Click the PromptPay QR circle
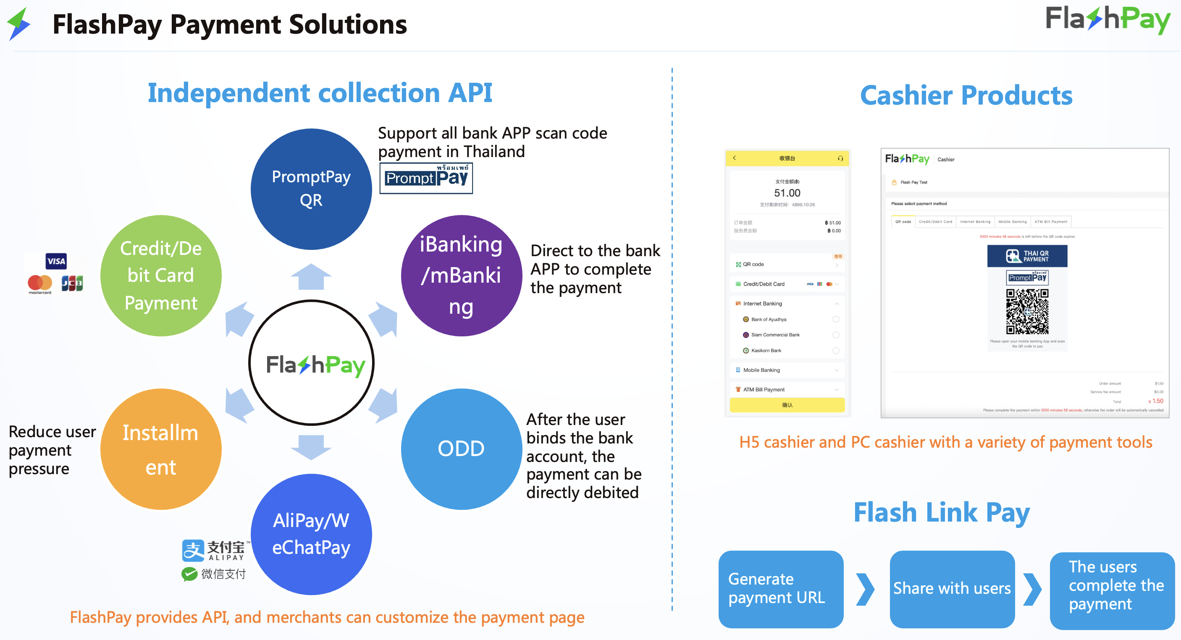click(311, 189)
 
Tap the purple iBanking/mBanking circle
click(461, 275)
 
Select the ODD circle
click(461, 449)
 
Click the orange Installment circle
click(160, 449)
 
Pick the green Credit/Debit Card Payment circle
click(160, 275)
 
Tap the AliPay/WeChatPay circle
click(311, 534)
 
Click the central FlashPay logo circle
click(311, 363)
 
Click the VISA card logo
click(56, 261)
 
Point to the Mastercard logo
click(40, 284)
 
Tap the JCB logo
click(72, 283)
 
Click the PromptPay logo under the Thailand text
click(426, 178)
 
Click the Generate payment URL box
click(780, 589)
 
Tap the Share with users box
click(952, 589)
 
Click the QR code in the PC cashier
click(1027, 311)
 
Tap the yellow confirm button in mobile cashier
click(787, 405)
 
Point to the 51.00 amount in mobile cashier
click(787, 193)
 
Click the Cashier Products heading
click(966, 95)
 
